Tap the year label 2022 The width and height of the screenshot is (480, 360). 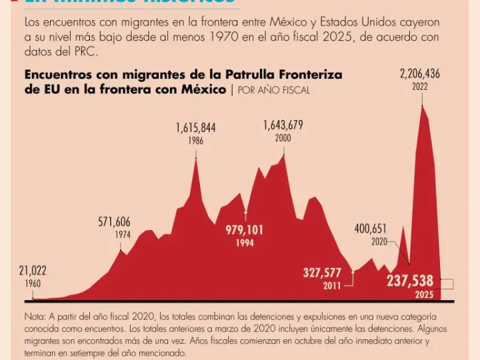click(420, 87)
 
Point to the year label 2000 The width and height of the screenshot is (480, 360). click(283, 138)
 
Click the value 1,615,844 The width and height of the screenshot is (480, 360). click(195, 127)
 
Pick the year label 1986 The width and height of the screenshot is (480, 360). click(195, 141)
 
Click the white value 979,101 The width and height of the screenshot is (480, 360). click(245, 230)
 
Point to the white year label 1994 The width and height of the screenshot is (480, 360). click(245, 243)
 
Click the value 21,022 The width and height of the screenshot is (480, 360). click(33, 271)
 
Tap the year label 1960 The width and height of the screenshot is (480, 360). click(33, 283)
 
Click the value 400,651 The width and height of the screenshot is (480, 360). click(371, 229)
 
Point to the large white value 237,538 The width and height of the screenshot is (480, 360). click(411, 281)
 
